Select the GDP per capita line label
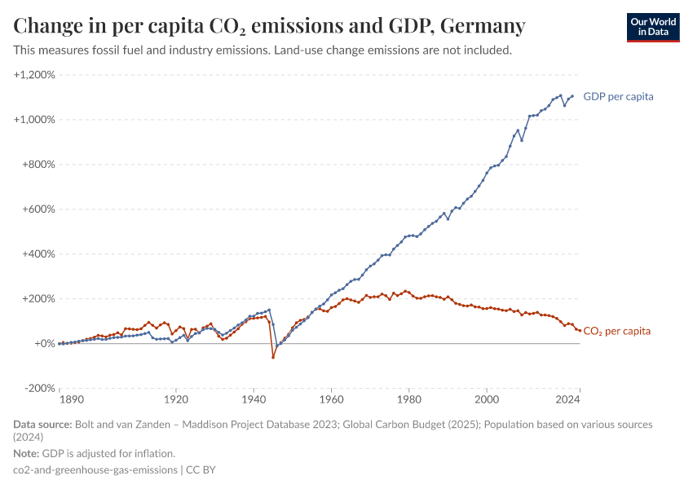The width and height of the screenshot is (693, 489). point(618,96)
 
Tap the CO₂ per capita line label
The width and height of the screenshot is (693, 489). point(616,331)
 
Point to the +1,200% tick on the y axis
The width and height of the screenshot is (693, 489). point(34,75)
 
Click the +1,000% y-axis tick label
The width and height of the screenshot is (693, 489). point(34,120)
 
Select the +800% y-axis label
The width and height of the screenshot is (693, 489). point(38,165)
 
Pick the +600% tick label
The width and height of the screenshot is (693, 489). point(38,209)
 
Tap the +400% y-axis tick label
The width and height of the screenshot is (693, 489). point(38,254)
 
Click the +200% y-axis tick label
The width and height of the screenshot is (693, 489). point(38,299)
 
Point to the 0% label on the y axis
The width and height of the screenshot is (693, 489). point(44,344)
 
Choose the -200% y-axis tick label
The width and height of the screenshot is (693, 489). point(38,389)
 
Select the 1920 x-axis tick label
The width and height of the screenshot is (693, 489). point(175,401)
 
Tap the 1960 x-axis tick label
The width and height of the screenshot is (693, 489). point(331,401)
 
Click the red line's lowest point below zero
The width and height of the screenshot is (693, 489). point(273,357)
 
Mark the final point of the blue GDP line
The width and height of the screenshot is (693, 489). point(572,96)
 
